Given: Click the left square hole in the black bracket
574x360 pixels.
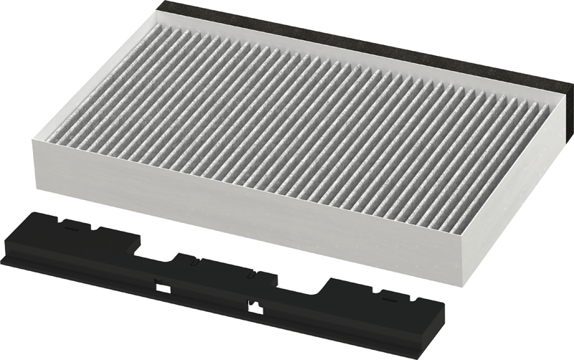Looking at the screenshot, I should tap(163, 288).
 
